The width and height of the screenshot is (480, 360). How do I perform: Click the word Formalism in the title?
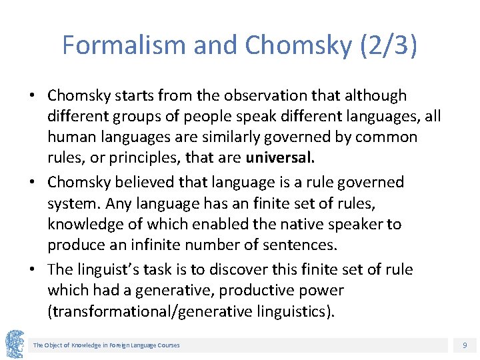124,45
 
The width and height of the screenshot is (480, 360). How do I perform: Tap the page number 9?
465,345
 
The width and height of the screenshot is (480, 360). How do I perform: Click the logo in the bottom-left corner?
15,343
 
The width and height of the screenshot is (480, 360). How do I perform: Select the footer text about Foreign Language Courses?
107,345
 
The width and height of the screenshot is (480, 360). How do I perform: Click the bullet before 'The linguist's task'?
33,269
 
